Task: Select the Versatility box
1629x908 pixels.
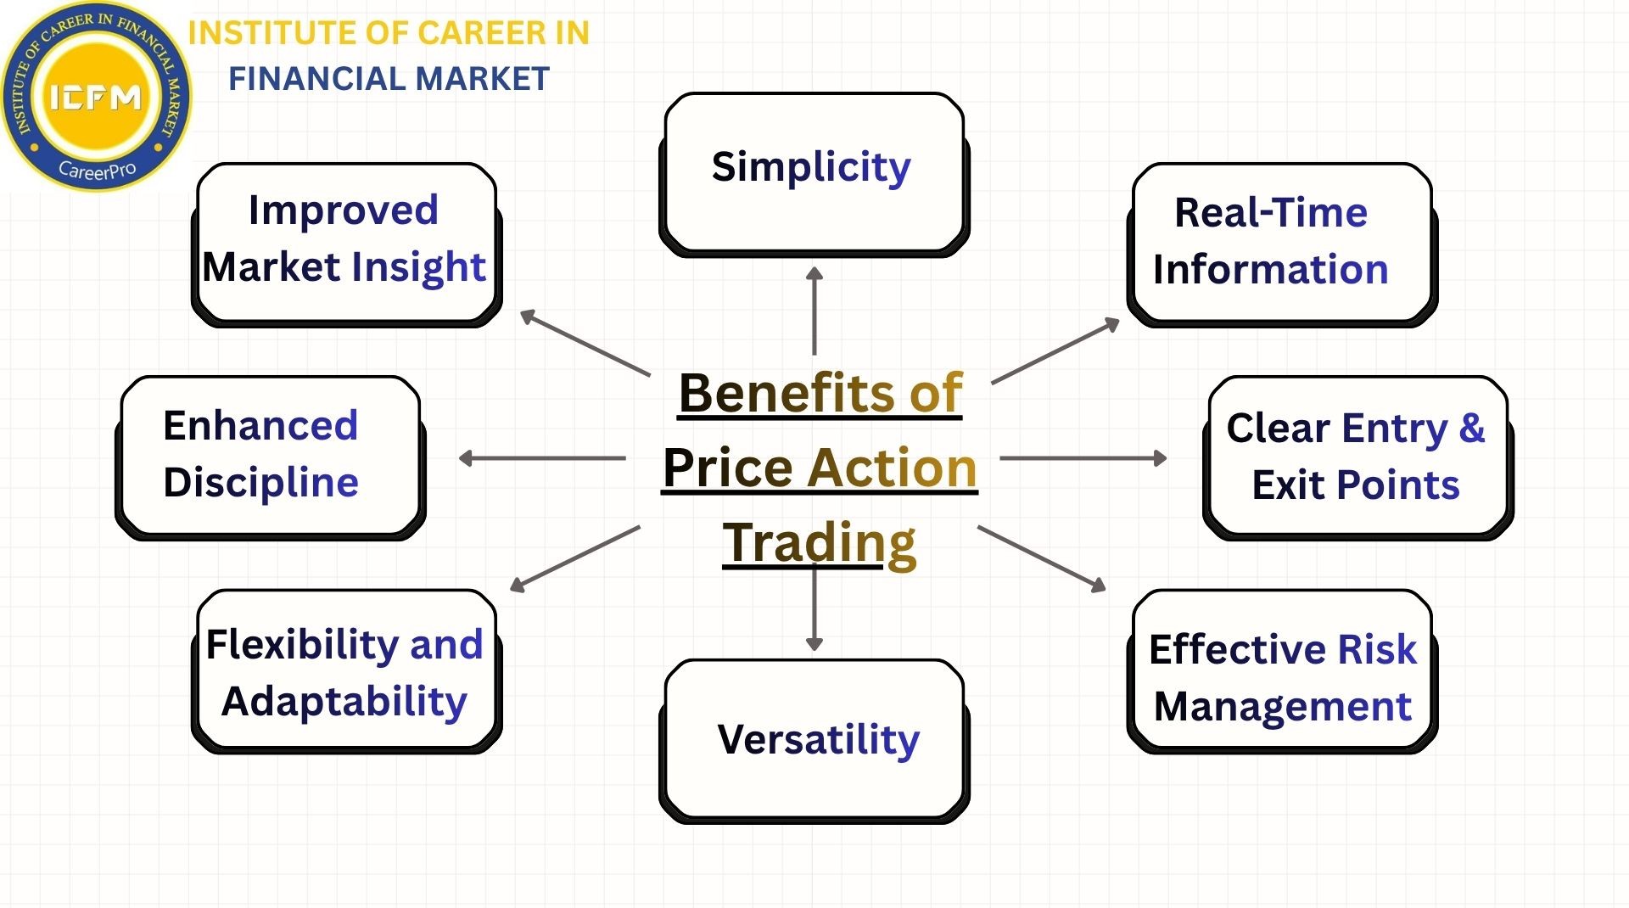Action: (814, 739)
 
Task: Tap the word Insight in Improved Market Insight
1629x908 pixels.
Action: (418, 267)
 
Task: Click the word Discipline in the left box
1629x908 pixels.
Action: (260, 483)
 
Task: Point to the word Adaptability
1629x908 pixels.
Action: (344, 702)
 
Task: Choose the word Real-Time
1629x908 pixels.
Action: (1270, 212)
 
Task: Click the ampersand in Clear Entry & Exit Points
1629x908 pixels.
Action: (1472, 427)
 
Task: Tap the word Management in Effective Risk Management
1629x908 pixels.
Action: (1282, 706)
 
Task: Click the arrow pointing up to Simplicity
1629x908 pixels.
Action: (814, 311)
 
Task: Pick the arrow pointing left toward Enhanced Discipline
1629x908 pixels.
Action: (542, 458)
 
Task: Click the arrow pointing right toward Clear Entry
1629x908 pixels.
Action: (1083, 458)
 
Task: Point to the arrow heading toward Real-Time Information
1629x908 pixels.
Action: (1055, 351)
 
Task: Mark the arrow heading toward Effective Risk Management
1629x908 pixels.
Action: (1042, 558)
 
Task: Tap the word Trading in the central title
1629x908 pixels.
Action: (819, 542)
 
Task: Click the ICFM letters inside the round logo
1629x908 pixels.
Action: (95, 98)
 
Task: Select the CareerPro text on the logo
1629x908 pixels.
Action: (97, 170)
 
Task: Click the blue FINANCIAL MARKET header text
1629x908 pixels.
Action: (389, 79)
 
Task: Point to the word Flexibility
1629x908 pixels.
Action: (302, 645)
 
